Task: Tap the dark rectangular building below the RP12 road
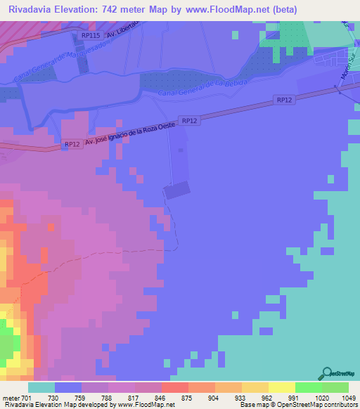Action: (177, 190)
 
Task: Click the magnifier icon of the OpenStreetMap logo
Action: (326, 373)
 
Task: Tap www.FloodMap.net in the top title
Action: (226, 10)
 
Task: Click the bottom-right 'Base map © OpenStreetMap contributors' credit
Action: (297, 405)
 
